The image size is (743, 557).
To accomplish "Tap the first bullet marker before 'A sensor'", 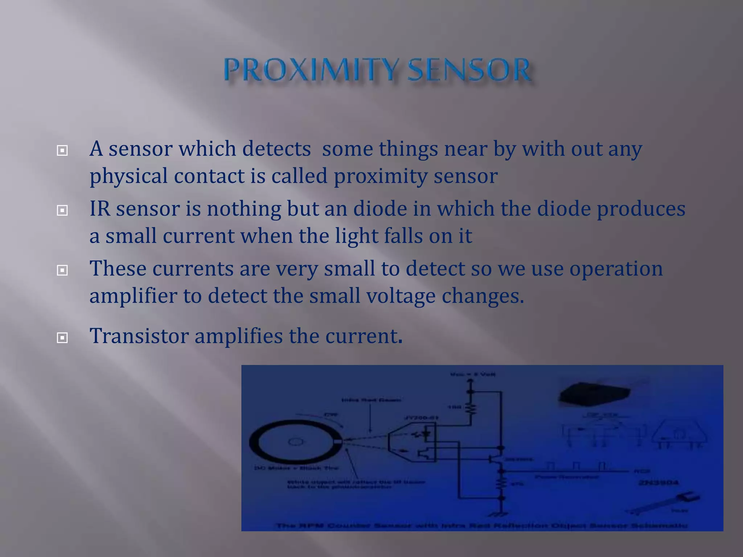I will pos(62,150).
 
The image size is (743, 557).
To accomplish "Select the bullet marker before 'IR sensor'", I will pos(62,210).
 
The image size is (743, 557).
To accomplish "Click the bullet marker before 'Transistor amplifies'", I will pos(62,338).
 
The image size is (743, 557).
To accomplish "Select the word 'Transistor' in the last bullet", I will pos(139,336).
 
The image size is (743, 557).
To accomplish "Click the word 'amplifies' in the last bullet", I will pos(238,336).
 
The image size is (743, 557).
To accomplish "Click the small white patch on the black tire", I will pos(338,441).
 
